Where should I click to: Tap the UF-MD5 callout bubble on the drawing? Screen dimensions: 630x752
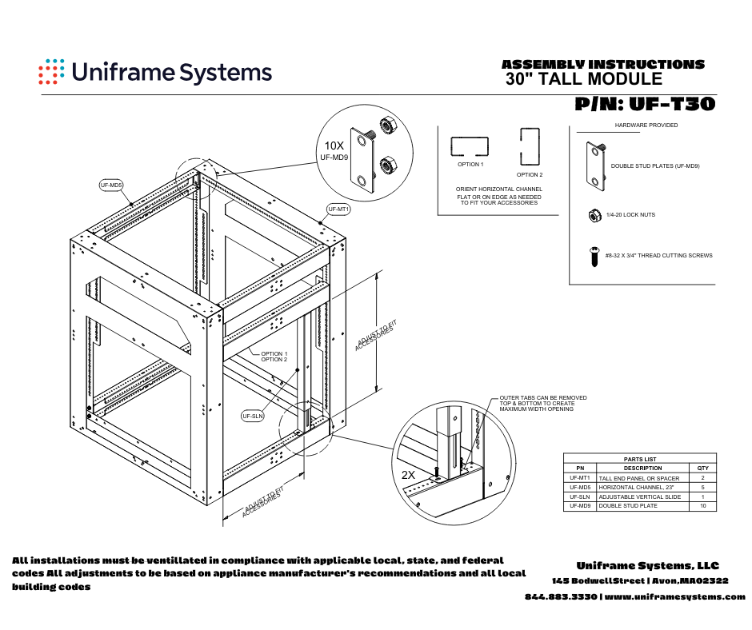tap(111, 185)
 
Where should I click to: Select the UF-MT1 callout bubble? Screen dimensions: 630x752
tap(339, 209)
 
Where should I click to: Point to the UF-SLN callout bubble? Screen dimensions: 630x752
tap(252, 416)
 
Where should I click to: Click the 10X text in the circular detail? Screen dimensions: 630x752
tap(334, 146)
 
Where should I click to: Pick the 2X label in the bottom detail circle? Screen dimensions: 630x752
tap(408, 474)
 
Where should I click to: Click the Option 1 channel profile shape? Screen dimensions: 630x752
tap(470, 146)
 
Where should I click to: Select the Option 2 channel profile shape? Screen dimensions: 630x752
tap(529, 146)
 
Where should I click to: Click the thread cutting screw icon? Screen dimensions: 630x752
tap(593, 257)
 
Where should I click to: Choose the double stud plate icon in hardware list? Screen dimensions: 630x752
tap(596, 165)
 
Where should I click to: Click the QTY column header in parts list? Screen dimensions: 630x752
tap(702, 468)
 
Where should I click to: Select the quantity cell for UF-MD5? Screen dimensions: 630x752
tap(702, 487)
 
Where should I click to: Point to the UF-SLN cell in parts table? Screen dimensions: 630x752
tap(580, 496)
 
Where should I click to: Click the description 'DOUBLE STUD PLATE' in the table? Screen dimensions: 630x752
tap(628, 506)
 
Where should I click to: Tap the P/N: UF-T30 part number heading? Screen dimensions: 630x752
tap(644, 104)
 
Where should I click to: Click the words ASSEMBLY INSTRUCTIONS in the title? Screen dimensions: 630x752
tap(602, 64)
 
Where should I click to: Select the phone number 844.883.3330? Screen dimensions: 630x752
tap(561, 597)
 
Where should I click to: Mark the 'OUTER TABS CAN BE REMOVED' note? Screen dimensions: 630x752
tap(543, 397)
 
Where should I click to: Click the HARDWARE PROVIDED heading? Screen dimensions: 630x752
tap(646, 126)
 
